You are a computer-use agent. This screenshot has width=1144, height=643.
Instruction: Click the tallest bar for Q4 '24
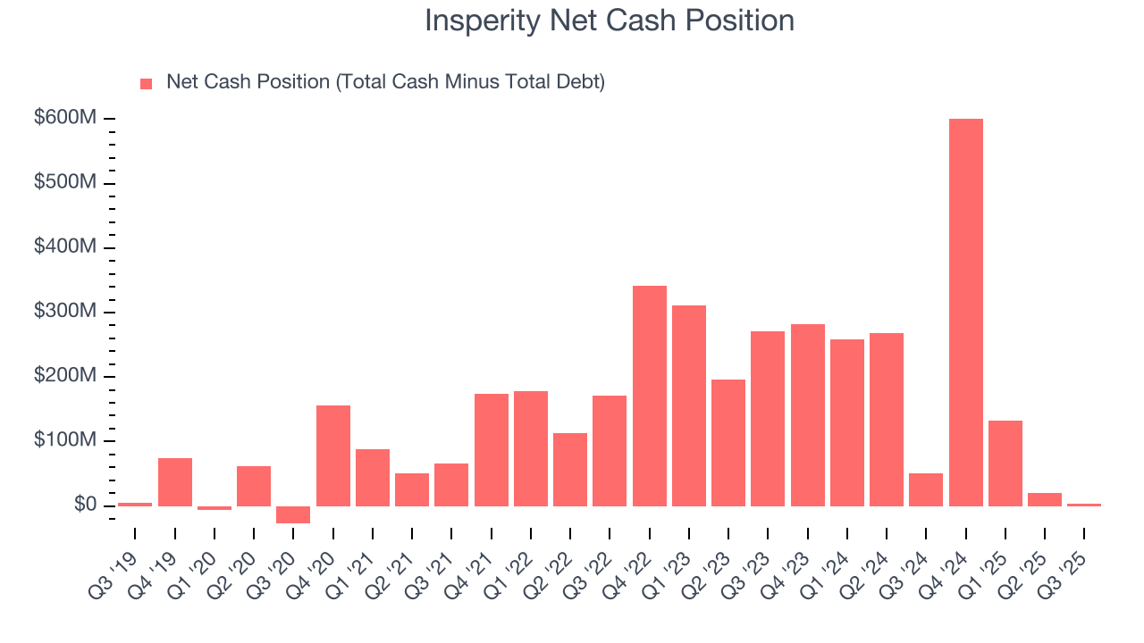coord(965,313)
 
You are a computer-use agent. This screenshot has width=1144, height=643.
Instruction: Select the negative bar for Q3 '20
coord(293,514)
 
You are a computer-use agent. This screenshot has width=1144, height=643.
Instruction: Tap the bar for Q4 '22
coord(649,396)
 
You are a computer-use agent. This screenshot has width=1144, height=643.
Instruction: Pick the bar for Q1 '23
coord(689,405)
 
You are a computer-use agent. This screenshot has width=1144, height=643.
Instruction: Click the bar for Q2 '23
coord(728,443)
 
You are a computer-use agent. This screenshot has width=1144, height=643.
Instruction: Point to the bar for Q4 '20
coord(333,455)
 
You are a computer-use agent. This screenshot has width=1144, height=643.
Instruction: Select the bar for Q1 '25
coord(1005,463)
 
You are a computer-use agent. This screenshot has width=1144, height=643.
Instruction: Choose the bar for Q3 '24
coord(926,489)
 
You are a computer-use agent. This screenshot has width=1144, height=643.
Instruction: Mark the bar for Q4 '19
coord(175,482)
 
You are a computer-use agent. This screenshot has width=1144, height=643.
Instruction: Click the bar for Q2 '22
coord(570,470)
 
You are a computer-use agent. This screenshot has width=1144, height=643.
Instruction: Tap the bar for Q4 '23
coord(807,415)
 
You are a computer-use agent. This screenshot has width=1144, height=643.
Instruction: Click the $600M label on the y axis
coord(64,119)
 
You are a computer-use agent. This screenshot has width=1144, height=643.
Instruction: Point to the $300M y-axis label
coord(64,312)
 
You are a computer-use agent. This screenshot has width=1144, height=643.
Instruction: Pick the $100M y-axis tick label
coord(64,441)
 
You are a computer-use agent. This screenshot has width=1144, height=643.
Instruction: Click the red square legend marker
coord(147,84)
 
